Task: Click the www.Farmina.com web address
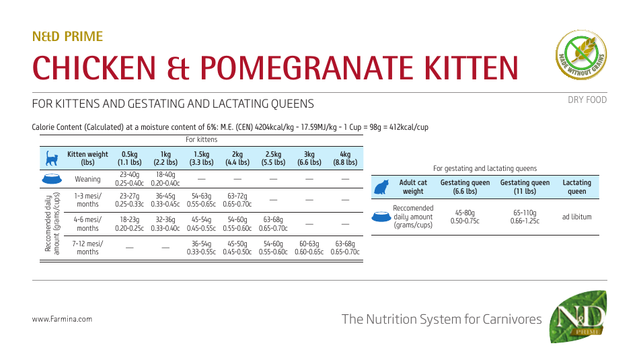pyautogui.click(x=62, y=320)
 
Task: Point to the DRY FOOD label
pyautogui.click(x=587, y=100)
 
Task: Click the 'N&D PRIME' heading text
pyautogui.click(x=67, y=37)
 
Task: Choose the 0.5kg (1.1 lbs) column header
pyautogui.click(x=129, y=158)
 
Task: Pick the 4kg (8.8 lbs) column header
pyautogui.click(x=345, y=158)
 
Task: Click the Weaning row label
pyautogui.click(x=87, y=179)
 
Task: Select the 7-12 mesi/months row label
pyautogui.click(x=87, y=248)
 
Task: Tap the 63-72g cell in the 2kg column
pyautogui.click(x=237, y=200)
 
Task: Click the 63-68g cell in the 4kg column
pyautogui.click(x=345, y=248)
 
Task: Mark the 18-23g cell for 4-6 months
pyautogui.click(x=129, y=223)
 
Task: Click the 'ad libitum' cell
pyautogui.click(x=576, y=217)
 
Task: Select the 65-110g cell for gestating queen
pyautogui.click(x=525, y=217)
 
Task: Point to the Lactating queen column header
pyautogui.click(x=576, y=186)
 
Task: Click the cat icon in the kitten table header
pyautogui.click(x=51, y=159)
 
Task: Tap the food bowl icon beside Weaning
pyautogui.click(x=51, y=179)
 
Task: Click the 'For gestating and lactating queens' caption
pyautogui.click(x=485, y=168)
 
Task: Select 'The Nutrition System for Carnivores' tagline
pyautogui.click(x=441, y=319)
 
